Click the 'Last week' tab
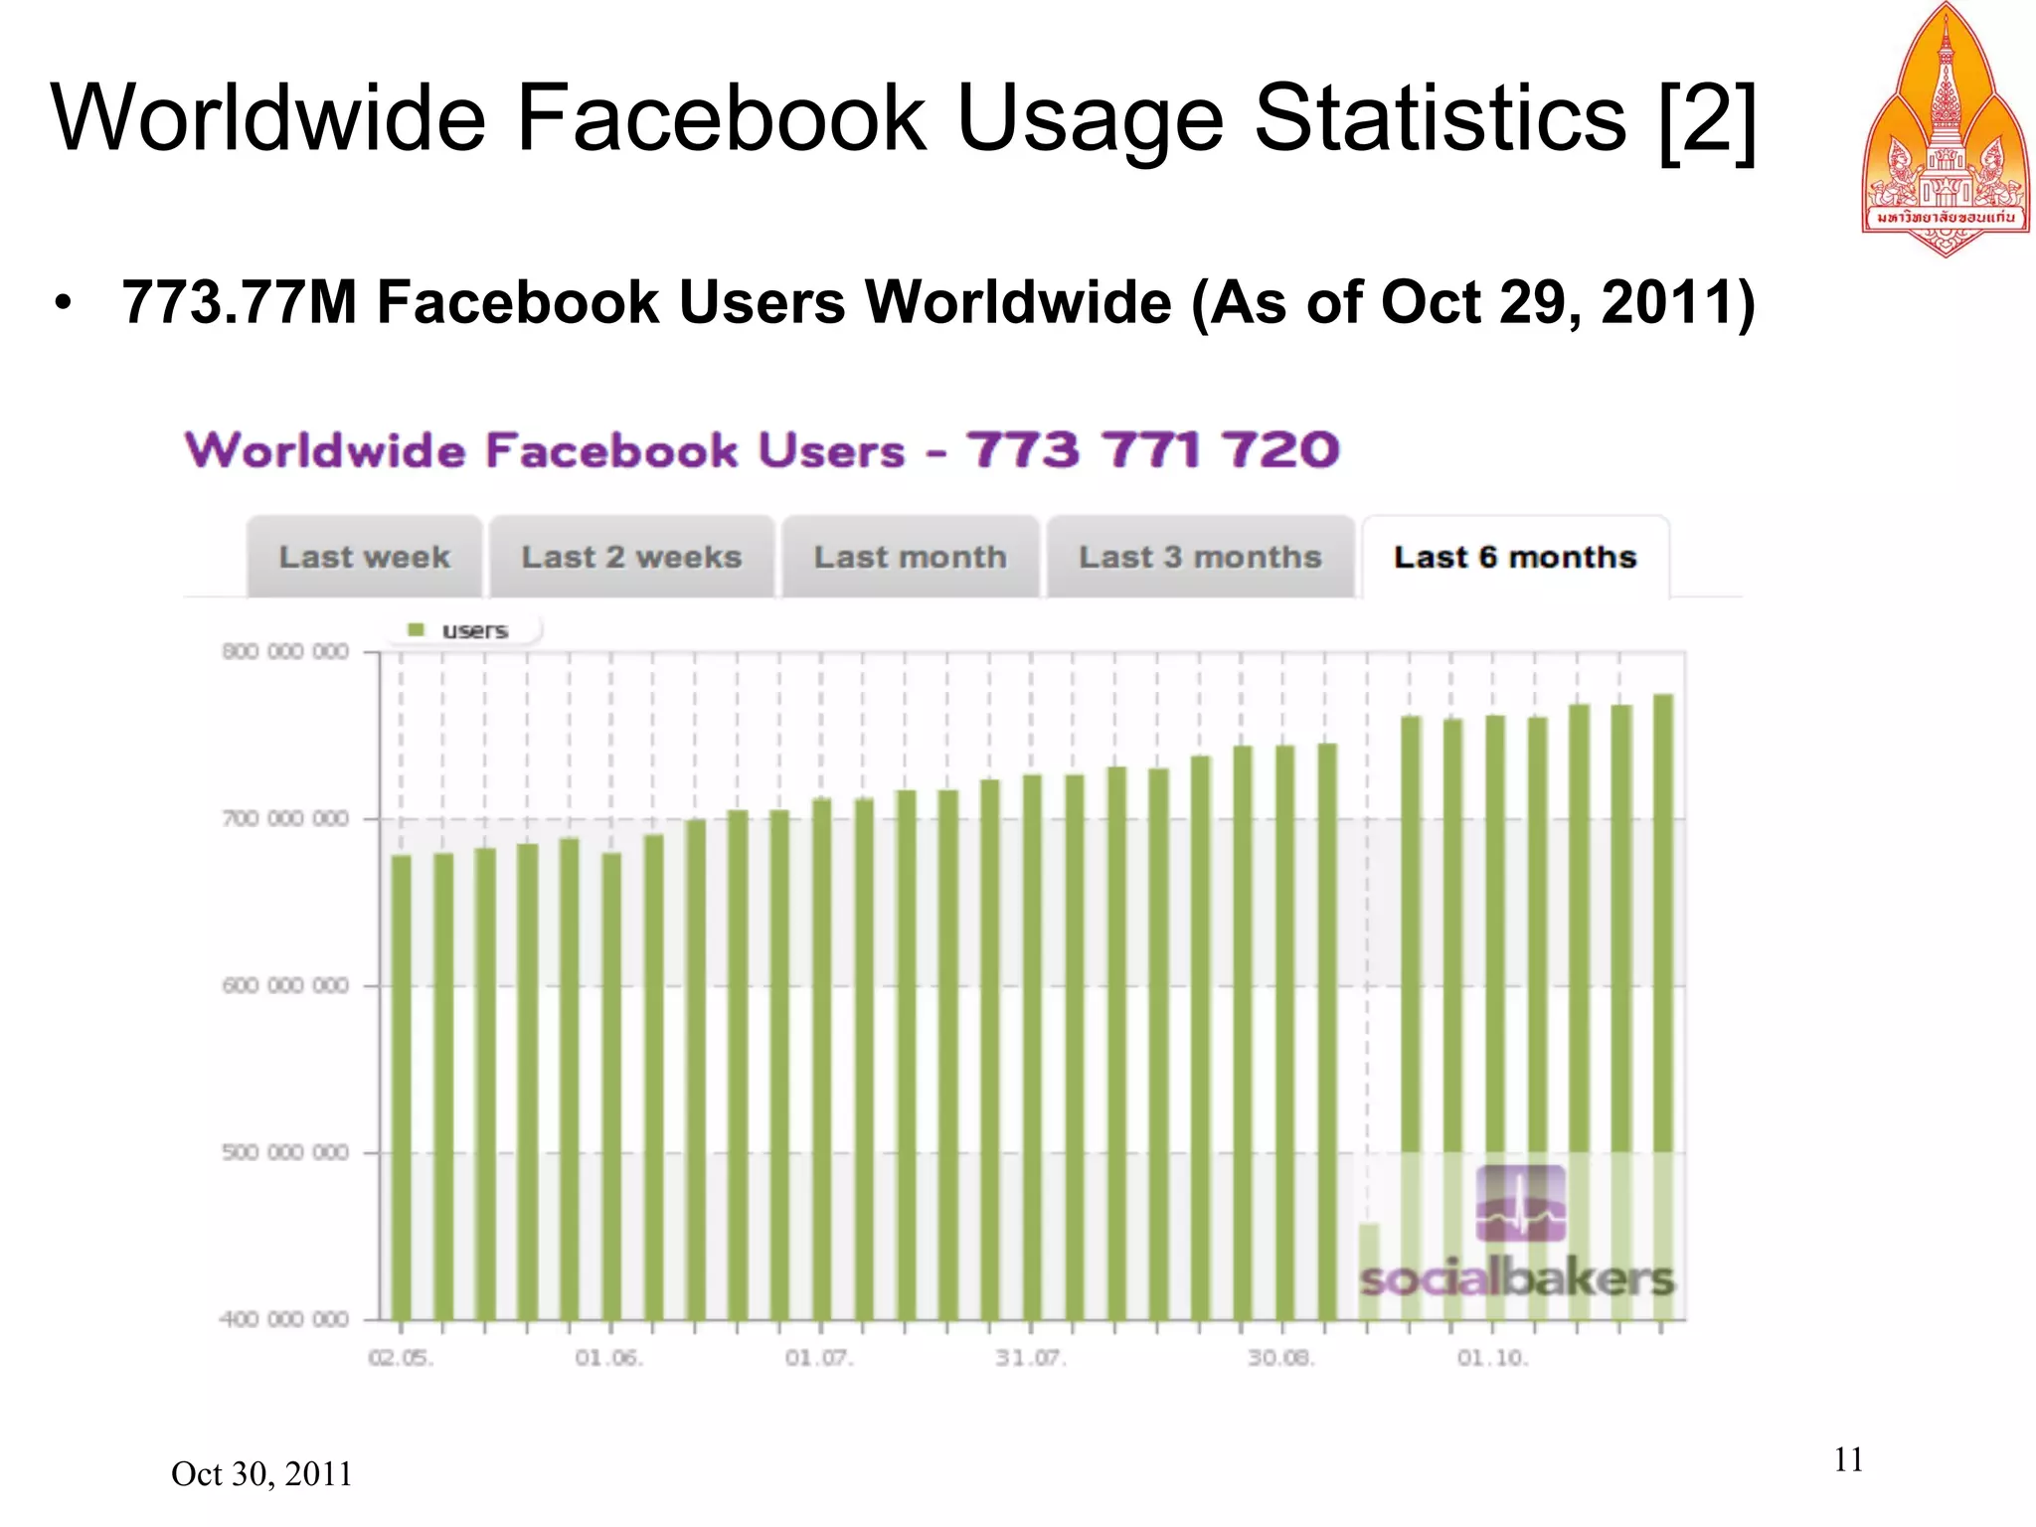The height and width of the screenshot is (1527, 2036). (x=364, y=557)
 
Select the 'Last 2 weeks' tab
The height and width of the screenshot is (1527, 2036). (x=631, y=557)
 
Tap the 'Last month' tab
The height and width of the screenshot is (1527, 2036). (x=910, y=557)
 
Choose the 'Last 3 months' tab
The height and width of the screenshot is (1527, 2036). (x=1200, y=557)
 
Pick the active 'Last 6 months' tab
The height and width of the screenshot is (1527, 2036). (x=1514, y=557)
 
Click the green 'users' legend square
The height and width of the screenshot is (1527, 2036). (x=417, y=630)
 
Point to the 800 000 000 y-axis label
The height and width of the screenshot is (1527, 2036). (x=285, y=652)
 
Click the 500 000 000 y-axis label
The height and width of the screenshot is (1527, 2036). (x=285, y=1152)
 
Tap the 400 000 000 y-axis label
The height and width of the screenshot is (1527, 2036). (x=285, y=1319)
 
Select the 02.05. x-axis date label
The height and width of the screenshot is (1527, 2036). (x=401, y=1358)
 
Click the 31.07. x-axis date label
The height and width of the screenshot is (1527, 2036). (x=1031, y=1358)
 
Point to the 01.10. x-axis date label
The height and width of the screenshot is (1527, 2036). (x=1492, y=1358)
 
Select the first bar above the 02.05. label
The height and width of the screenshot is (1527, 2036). (x=402, y=1084)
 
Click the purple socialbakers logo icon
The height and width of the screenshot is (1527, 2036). (x=1520, y=1204)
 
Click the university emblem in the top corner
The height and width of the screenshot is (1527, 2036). (x=1945, y=129)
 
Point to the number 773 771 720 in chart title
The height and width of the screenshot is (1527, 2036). (x=1153, y=449)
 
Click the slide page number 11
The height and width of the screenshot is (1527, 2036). (x=1848, y=1459)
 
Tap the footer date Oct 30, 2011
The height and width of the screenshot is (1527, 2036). (x=261, y=1473)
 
